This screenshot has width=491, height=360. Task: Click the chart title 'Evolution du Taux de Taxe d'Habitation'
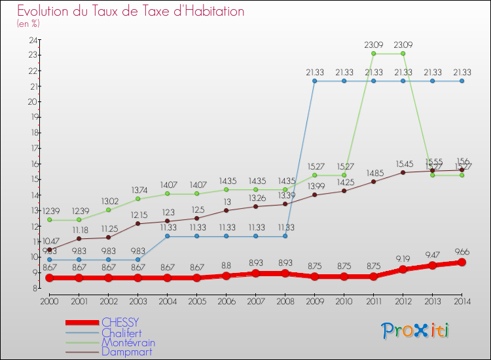[131, 11]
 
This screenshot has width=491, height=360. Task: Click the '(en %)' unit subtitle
[28, 24]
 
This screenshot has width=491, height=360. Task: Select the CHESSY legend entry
[120, 323]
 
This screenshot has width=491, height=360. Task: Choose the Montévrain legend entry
[128, 342]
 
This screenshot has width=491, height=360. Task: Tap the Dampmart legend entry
[126, 351]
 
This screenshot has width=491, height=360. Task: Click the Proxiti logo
[416, 331]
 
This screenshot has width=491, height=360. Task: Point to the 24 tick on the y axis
[32, 40]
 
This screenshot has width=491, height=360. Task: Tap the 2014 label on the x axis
[462, 300]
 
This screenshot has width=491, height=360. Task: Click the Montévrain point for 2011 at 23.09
[373, 54]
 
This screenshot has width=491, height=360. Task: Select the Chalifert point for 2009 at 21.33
[314, 81]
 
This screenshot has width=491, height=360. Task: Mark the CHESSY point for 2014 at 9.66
[462, 262]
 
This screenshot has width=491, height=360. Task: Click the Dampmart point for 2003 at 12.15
[137, 223]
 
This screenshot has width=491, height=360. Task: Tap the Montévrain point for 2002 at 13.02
[108, 209]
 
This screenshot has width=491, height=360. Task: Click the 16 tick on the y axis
[32, 164]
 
